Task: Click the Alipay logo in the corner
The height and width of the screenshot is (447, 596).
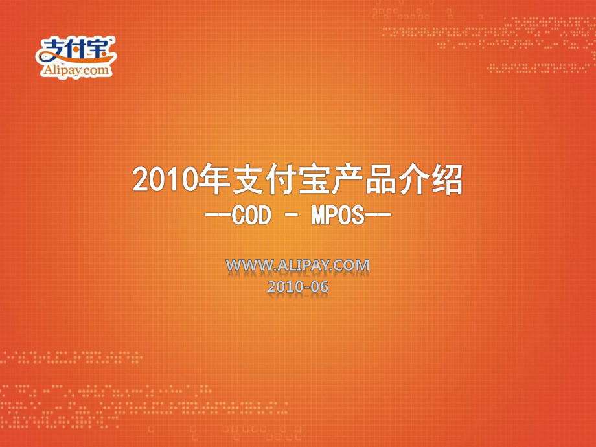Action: pos(76,57)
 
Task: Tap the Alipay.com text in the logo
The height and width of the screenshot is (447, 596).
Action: pos(76,70)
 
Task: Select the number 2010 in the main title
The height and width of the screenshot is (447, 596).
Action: pos(165,180)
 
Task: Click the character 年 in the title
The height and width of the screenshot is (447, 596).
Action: pos(214,179)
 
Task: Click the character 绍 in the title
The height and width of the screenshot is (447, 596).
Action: pos(447,179)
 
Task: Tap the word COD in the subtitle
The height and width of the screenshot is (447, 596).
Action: pos(251,215)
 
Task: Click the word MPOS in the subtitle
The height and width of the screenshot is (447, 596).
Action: pos(338,215)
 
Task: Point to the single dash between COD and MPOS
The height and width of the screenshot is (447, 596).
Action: pos(292,216)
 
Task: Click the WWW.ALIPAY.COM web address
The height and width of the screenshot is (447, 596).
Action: pos(297,265)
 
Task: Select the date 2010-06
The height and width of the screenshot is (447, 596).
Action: pos(297,286)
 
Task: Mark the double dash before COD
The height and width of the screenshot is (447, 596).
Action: pos(218,216)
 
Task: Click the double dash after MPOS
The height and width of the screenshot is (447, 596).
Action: pos(378,216)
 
